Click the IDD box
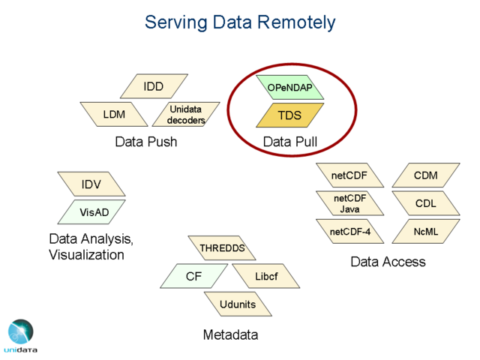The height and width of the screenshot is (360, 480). pos(153,87)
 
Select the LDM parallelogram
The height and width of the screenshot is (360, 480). pos(114,115)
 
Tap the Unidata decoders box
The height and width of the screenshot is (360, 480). pos(185,115)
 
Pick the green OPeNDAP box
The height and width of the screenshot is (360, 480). pos(289,88)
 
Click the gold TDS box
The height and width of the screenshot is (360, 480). pos(289,115)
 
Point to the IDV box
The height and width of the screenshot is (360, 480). pos(91,184)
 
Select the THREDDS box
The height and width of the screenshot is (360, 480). pos(222,248)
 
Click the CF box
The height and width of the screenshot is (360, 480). pos(193,276)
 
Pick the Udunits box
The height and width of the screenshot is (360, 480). pos(238,304)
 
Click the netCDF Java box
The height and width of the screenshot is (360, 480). pos(349,203)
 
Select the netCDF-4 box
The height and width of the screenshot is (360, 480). pos(349,232)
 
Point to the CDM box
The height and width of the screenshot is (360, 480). pos(425,175)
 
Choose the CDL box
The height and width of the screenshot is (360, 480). pos(425,203)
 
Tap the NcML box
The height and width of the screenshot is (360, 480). pos(425,232)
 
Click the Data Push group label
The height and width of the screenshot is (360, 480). pos(146,141)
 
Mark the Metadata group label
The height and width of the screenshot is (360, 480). pos(230,334)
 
